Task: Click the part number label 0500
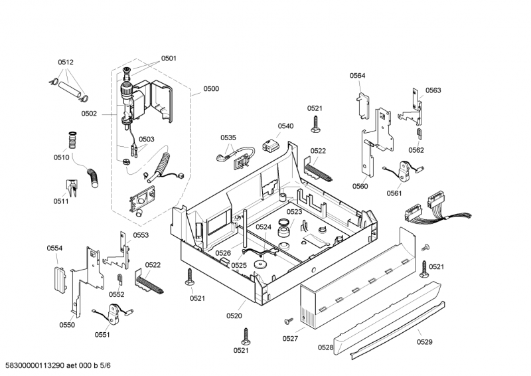[212, 88]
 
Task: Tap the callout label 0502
[89, 114]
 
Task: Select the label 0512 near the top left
[66, 62]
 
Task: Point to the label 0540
[285, 126]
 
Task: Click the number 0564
[358, 76]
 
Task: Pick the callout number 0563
[433, 90]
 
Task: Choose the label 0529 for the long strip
[424, 342]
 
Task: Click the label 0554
[54, 248]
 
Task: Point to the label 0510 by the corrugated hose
[62, 157]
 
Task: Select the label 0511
[61, 201]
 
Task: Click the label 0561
[394, 194]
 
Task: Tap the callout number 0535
[228, 138]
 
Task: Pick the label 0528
[325, 347]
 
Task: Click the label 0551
[102, 335]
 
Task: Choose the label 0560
[360, 187]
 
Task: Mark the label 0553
[141, 235]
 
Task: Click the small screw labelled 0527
[288, 320]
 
